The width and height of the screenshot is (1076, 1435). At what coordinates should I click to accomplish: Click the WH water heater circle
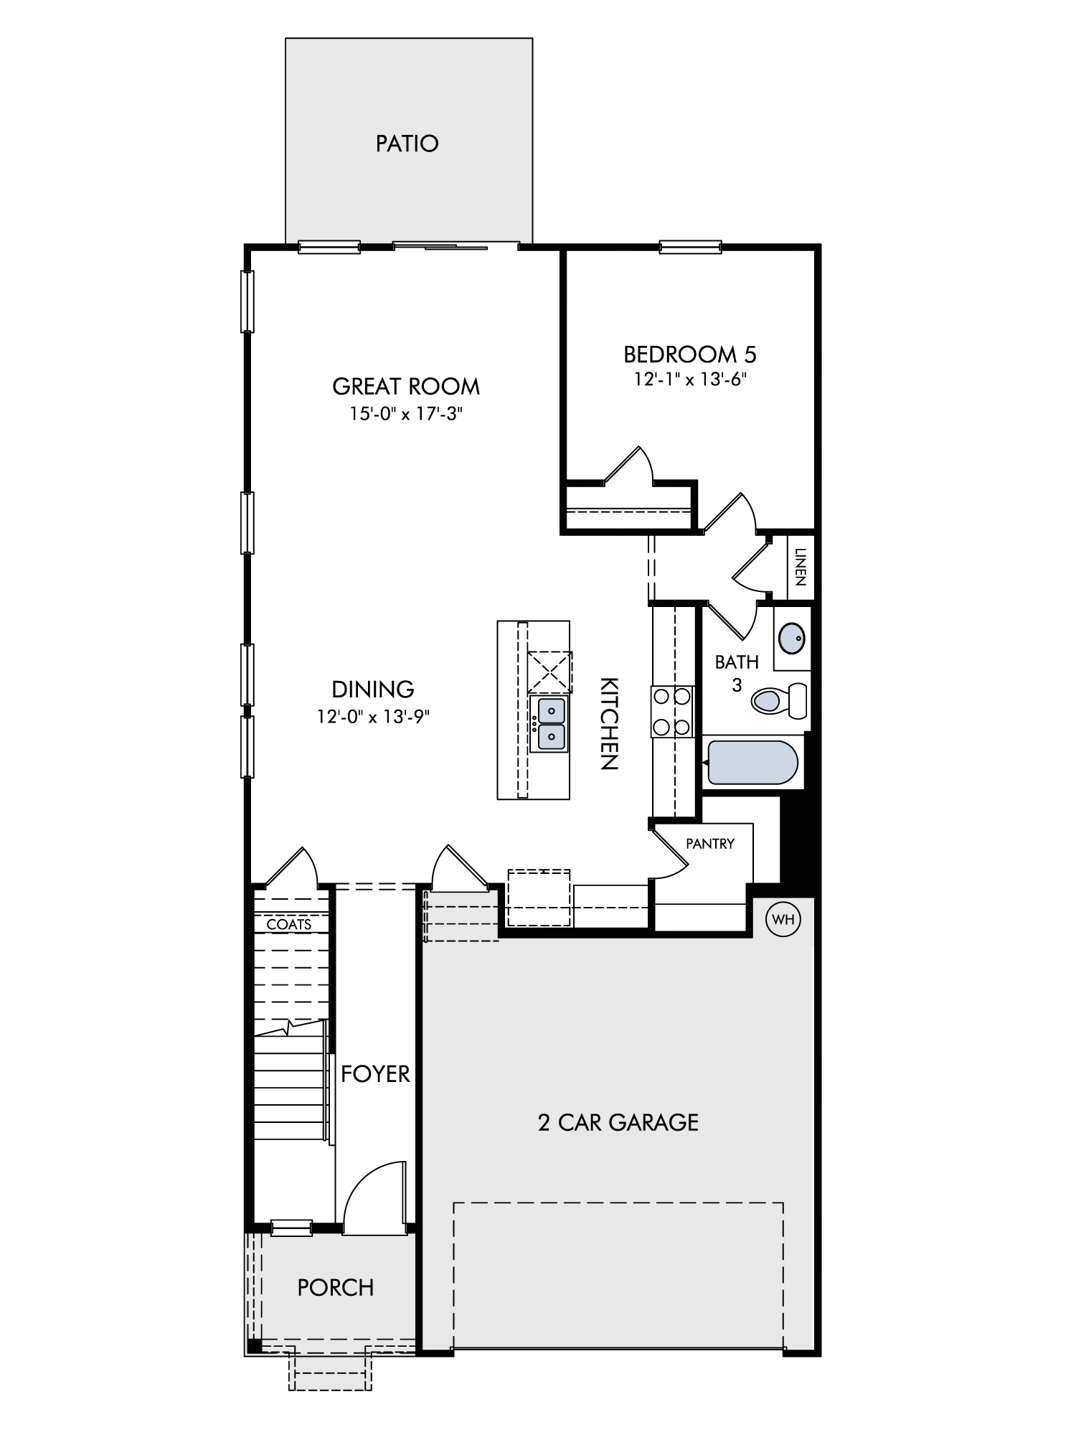tap(783, 919)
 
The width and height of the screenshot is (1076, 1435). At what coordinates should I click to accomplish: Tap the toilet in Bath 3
tap(779, 700)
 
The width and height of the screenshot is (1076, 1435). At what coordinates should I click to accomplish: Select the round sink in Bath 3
tap(791, 638)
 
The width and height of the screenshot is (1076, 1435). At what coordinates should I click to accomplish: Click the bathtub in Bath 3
tap(752, 762)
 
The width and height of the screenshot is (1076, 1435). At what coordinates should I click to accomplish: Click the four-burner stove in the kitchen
tap(672, 712)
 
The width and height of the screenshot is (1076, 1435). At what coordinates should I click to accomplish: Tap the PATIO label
tap(407, 143)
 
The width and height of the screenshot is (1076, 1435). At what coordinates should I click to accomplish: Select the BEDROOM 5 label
tap(690, 354)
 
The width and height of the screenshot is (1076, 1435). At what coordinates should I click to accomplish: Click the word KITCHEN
tap(608, 723)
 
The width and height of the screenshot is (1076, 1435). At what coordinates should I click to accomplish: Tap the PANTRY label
tap(710, 844)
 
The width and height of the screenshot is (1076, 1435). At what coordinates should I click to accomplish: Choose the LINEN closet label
tap(801, 567)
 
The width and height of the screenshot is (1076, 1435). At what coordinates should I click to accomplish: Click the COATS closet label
tap(289, 924)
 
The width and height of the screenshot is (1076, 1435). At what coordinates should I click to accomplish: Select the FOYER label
tap(375, 1074)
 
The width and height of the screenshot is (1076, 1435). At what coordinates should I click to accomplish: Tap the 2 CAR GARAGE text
tap(618, 1122)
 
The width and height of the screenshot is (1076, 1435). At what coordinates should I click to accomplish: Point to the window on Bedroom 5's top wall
tap(691, 247)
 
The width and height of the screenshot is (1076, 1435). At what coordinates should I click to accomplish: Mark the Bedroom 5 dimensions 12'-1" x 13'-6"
tap(690, 380)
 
